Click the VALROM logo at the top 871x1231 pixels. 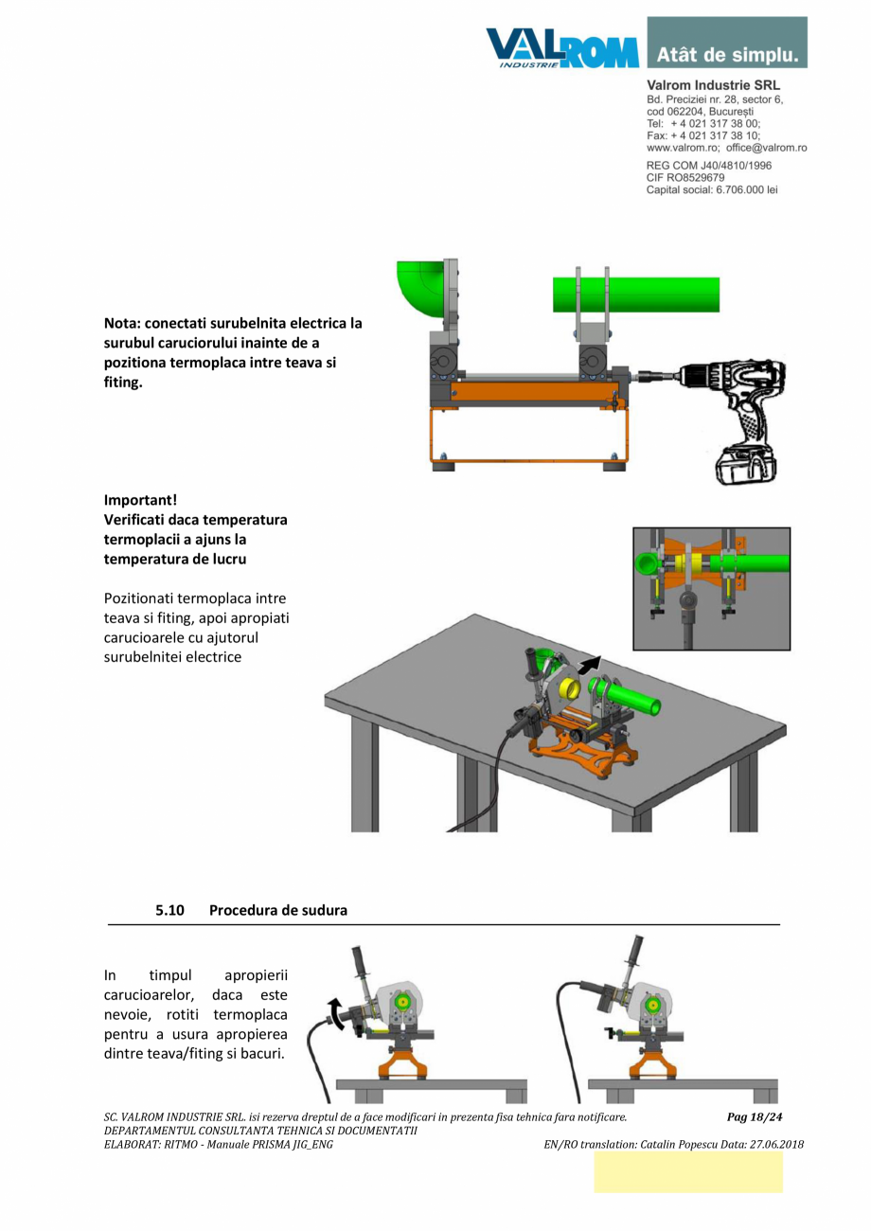click(562, 46)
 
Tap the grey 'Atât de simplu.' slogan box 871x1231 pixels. click(727, 43)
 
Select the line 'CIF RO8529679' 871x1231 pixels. click(685, 178)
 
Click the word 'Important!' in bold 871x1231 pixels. click(140, 500)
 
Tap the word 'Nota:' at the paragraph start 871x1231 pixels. click(123, 323)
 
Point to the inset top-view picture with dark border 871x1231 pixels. click(711, 588)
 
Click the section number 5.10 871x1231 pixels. click(169, 910)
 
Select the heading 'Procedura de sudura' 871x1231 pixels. click(278, 910)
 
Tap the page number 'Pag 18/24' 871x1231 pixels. click(755, 1117)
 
